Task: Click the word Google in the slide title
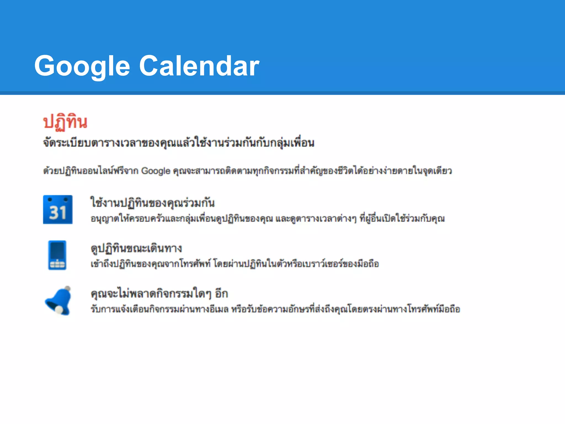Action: coord(82,66)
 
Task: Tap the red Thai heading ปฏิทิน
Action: coord(65,122)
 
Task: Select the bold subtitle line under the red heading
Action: coord(179,143)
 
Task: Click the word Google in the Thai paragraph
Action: coord(156,171)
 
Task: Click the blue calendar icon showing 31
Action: coord(58,210)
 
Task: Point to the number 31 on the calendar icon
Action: coord(58,213)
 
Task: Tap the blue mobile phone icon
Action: coord(57,255)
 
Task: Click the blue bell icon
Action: coord(58,301)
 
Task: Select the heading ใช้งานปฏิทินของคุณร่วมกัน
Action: coord(153,203)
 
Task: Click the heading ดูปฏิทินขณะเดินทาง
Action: coord(136,248)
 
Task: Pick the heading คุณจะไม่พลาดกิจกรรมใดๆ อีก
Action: coord(159,293)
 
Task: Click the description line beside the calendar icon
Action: coord(268,219)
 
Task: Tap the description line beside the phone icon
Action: coord(235,264)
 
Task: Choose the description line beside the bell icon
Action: coord(275,309)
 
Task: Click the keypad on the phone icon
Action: coord(57,264)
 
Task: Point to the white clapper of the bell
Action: coord(59,310)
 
